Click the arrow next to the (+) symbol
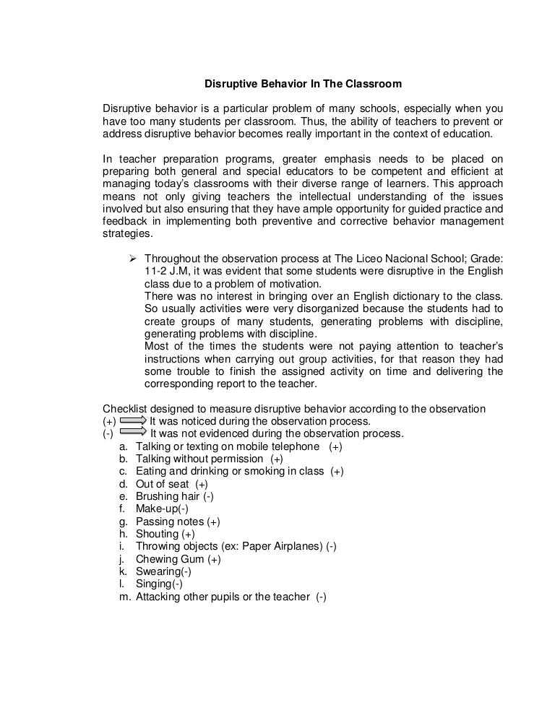pos(133,421)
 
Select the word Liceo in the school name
pos(369,258)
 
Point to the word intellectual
pos(326,195)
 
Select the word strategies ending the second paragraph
pos(128,234)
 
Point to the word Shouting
pos(158,534)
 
